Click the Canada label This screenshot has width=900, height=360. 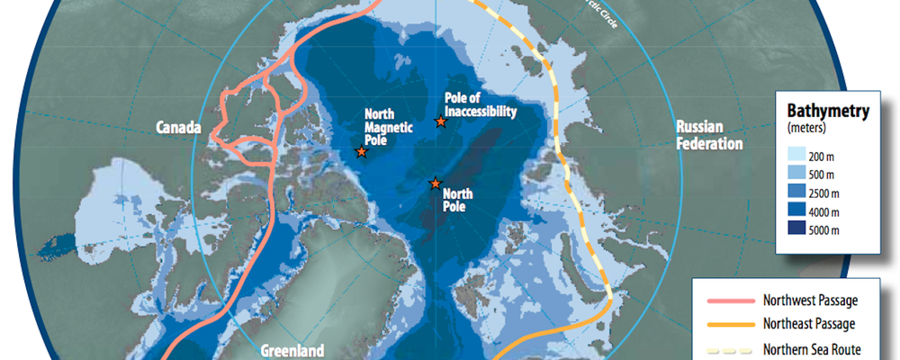coord(178,128)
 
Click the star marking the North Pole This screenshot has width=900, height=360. coord(435,184)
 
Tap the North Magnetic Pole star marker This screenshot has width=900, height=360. coord(361,152)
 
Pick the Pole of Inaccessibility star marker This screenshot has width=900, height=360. coord(440,121)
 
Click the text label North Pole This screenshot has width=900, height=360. coord(458,198)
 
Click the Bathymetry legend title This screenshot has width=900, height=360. coord(827,112)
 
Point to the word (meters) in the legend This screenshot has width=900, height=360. coord(808,130)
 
